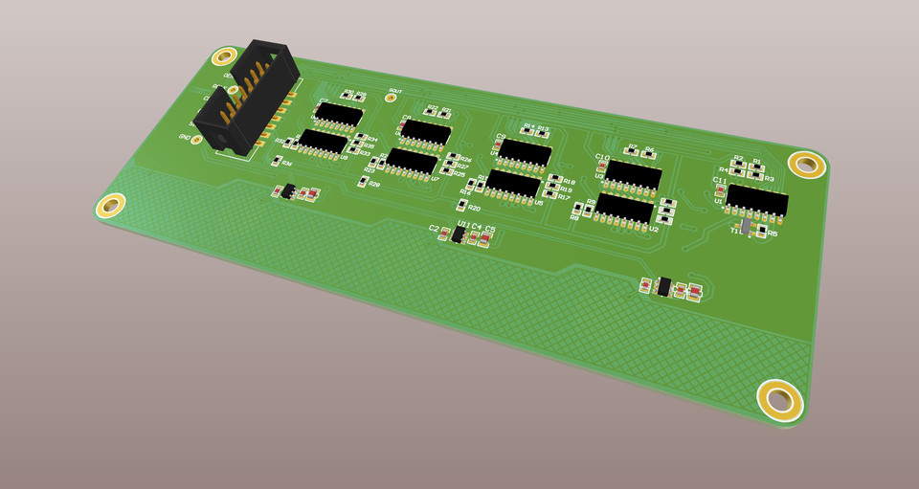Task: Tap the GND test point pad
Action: (196, 140)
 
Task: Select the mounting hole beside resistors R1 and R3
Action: (806, 164)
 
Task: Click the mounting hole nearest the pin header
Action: (226, 57)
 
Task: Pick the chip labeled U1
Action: (756, 200)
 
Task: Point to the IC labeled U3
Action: (634, 174)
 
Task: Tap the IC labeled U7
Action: (413, 161)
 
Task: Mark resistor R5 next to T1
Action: (762, 232)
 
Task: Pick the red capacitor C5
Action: (486, 239)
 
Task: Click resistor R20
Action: (460, 206)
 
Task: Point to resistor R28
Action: (362, 183)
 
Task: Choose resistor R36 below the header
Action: (275, 164)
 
